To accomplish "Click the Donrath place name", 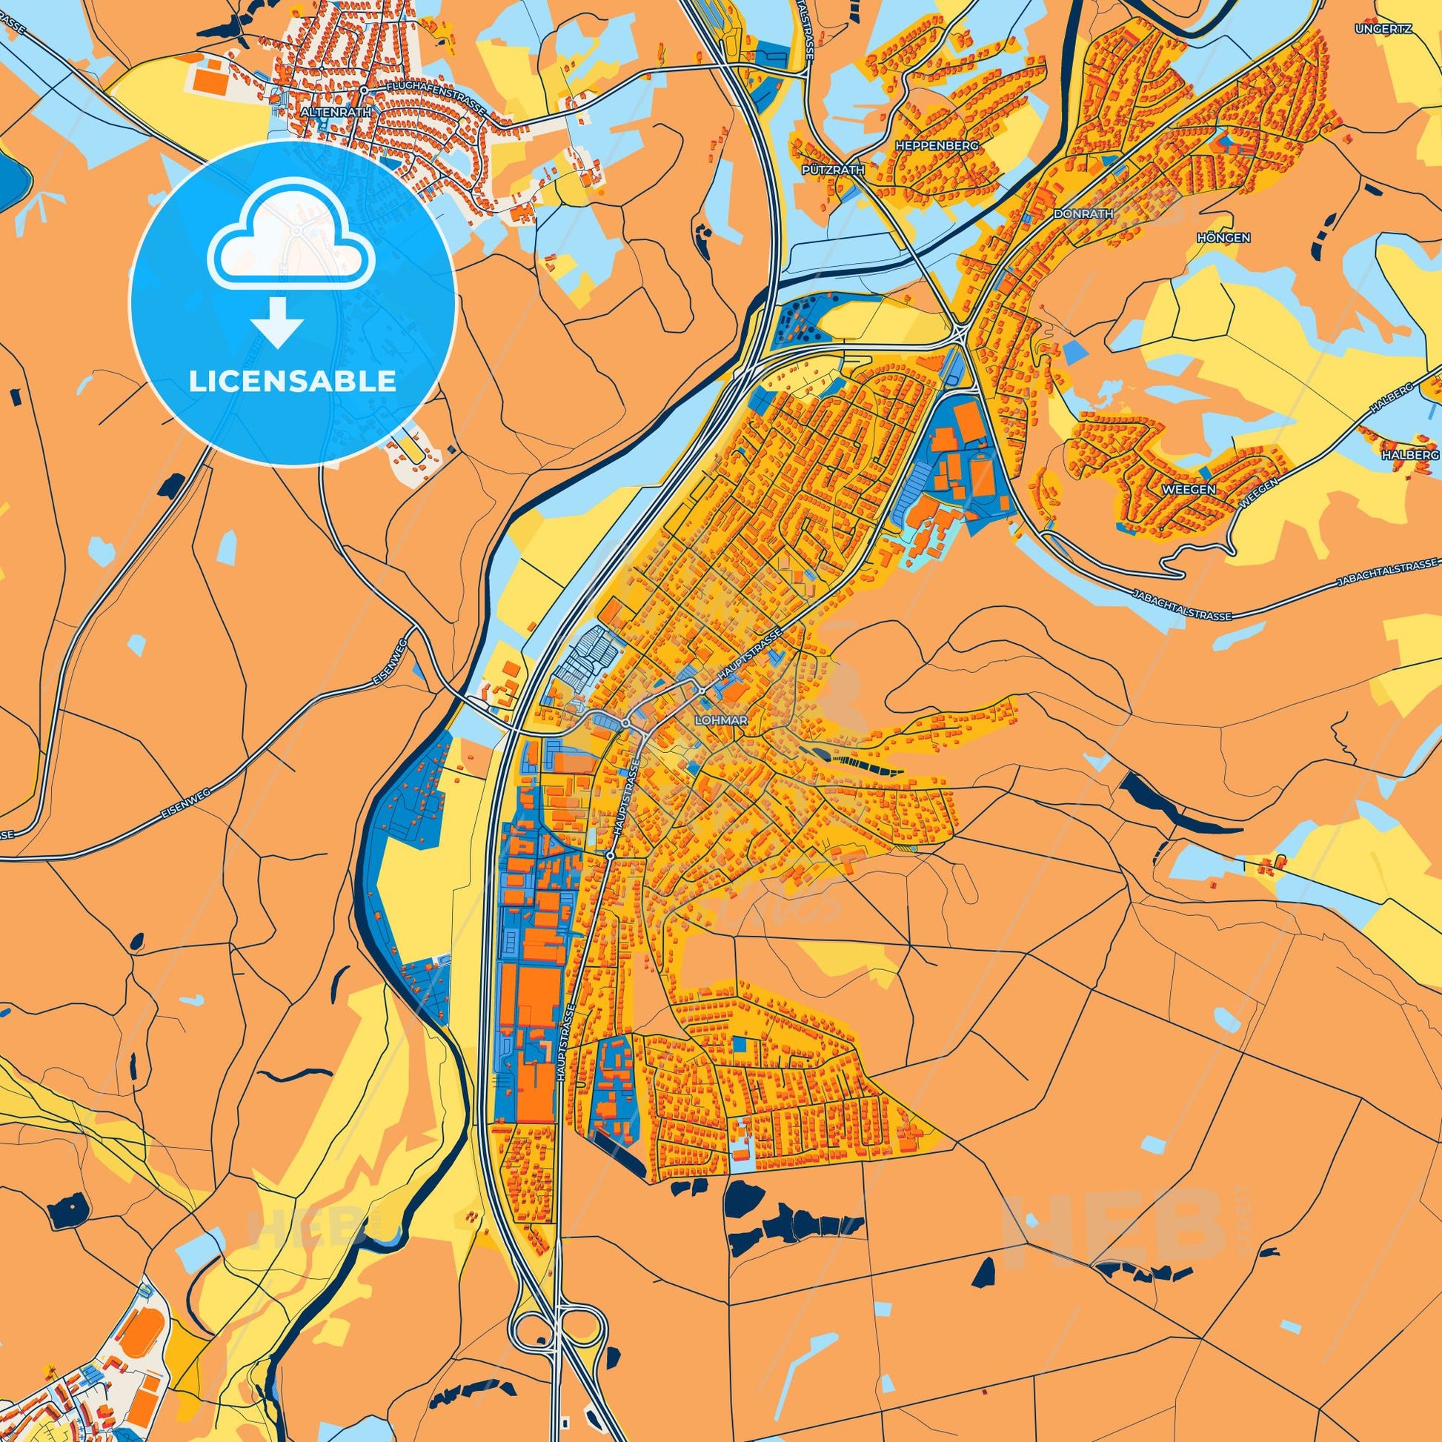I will click(x=1083, y=213).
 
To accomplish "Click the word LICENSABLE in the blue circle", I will click(x=293, y=382).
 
